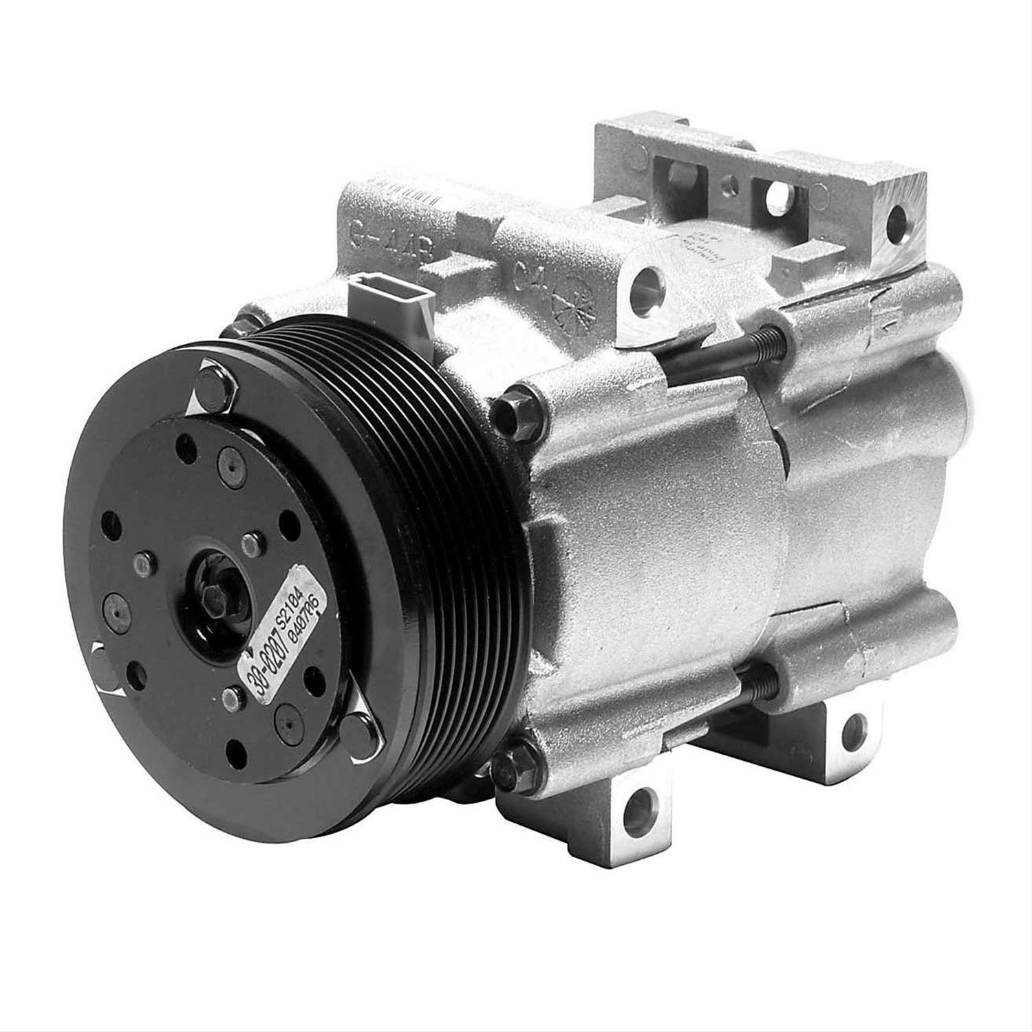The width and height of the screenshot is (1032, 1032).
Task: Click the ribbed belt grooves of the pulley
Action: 440,482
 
